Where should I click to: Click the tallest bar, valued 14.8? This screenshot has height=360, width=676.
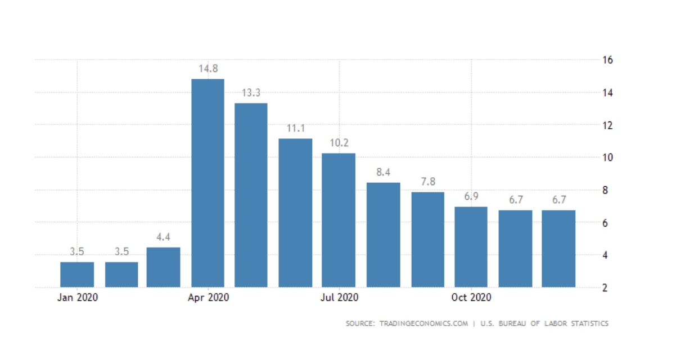tap(208, 183)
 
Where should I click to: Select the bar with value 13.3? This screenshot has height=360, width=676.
tap(251, 195)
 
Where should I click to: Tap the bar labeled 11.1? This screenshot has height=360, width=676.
tap(295, 213)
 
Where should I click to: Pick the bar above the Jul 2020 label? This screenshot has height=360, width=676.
tap(339, 220)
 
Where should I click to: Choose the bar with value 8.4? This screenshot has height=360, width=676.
tap(383, 235)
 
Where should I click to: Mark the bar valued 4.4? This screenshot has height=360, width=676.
tap(163, 267)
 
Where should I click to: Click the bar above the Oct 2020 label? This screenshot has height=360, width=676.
tap(471, 247)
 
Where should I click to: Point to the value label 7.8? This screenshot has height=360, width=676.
tap(427, 182)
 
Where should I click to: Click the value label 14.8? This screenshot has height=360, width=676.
tap(208, 69)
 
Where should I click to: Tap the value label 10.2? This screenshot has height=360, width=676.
tap(339, 143)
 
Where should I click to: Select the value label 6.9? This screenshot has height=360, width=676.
tap(471, 197)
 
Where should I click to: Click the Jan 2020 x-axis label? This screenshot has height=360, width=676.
tap(77, 298)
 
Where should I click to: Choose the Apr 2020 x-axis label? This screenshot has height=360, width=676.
tap(208, 298)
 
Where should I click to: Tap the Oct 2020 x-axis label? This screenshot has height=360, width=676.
tap(471, 298)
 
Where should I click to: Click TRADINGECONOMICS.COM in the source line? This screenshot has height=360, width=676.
tap(422, 324)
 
